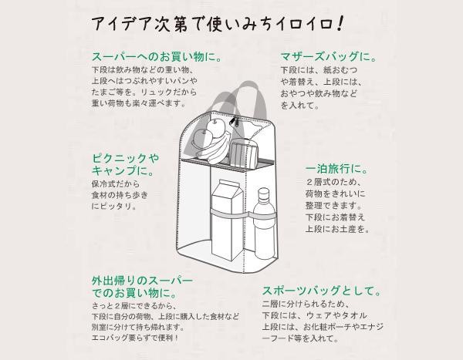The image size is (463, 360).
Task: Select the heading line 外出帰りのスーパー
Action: (142, 280)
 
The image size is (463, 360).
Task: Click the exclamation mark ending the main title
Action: (340, 23)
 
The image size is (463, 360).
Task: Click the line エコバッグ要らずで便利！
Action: (135, 338)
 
